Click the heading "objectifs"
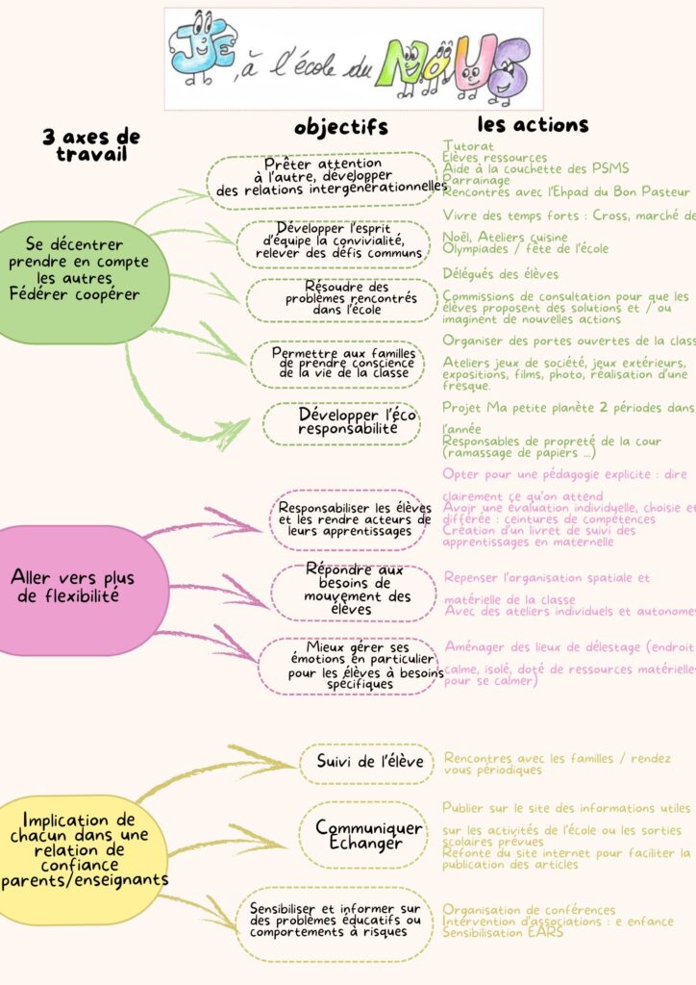tap(341, 127)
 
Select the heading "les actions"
tap(534, 124)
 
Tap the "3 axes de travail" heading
tap(91, 145)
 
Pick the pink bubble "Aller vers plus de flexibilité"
tap(73, 587)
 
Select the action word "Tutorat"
tap(469, 146)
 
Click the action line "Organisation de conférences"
tap(529, 910)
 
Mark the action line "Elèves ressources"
tap(495, 158)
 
